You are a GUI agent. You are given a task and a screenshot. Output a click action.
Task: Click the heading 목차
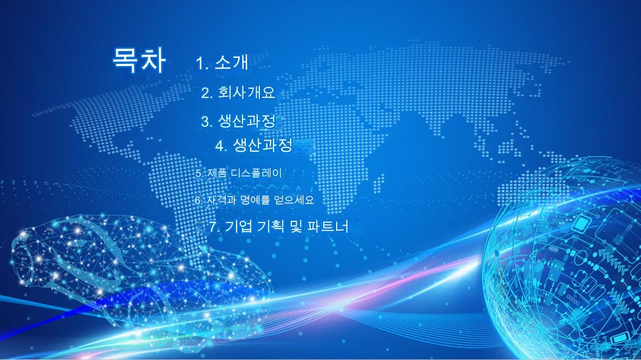(139, 60)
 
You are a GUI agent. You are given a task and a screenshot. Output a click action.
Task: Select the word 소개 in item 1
(231, 62)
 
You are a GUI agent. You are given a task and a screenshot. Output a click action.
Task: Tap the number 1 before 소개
(200, 63)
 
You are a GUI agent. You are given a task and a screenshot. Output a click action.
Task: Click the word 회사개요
(246, 93)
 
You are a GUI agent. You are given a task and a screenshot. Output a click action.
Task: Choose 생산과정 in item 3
(246, 121)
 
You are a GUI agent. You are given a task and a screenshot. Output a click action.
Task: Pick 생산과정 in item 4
(263, 144)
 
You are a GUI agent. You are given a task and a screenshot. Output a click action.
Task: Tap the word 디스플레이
(256, 173)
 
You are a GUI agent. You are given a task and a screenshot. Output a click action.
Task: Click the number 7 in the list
(213, 227)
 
